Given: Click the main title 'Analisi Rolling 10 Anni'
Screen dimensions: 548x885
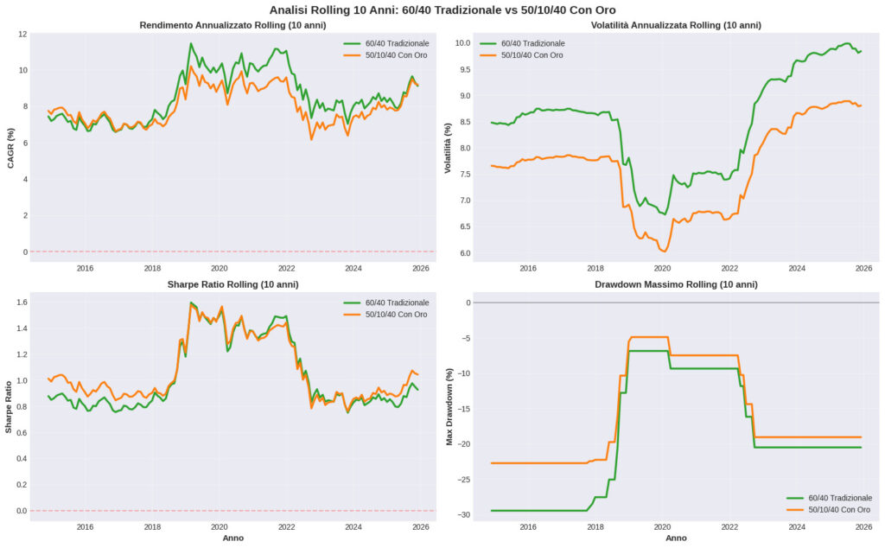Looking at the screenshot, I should point(442,10).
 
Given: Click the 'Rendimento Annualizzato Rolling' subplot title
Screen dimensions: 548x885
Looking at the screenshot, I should point(232,25).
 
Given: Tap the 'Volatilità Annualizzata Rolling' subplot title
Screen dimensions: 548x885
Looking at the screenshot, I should point(676,25).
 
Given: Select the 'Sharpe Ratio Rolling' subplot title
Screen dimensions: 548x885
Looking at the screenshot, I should point(232,284).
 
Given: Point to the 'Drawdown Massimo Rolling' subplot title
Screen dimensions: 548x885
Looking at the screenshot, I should point(676,284).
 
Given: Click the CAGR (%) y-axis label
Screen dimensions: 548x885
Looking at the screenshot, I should point(12,148).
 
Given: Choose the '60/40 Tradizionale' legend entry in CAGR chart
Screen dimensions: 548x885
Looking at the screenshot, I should point(385,42).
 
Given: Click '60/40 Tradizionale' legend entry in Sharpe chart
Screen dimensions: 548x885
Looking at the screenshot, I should point(385,303).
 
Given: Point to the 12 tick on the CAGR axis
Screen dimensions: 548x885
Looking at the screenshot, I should point(23,35).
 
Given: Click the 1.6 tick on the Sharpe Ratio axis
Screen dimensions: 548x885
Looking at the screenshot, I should point(22,302).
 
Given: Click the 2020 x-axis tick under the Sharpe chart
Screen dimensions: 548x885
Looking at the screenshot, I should point(219,526).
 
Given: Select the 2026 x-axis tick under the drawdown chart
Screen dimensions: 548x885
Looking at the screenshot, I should point(863,526).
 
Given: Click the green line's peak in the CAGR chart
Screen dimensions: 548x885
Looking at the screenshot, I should point(191,43).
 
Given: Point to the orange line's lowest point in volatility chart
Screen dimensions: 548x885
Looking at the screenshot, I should point(663,251).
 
